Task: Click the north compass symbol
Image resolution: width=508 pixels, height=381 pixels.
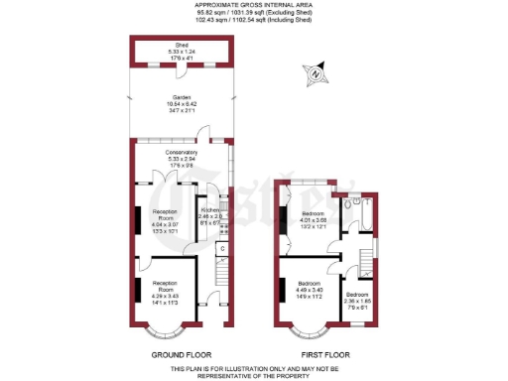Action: [316, 71]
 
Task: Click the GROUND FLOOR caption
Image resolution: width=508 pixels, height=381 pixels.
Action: [179, 354]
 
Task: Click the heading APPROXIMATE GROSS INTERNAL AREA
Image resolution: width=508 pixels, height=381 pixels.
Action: [254, 5]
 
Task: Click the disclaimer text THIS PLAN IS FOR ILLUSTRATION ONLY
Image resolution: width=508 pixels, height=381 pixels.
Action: [254, 369]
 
